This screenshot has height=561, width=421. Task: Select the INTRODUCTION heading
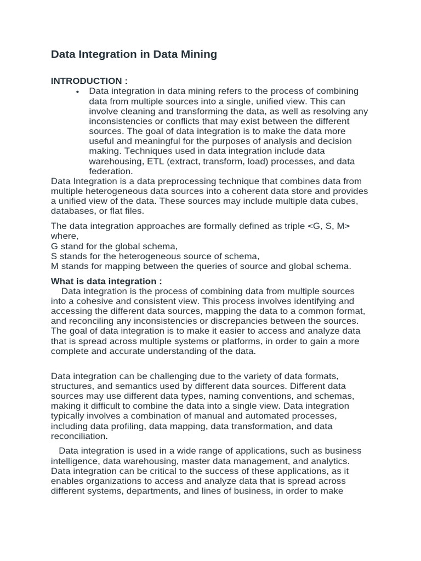(89, 81)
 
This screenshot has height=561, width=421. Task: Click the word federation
(112, 171)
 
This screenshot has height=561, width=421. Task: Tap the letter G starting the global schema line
(54, 246)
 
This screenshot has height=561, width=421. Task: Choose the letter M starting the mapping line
(55, 266)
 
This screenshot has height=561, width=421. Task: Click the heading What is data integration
(106, 281)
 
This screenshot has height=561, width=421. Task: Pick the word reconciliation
(79, 436)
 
